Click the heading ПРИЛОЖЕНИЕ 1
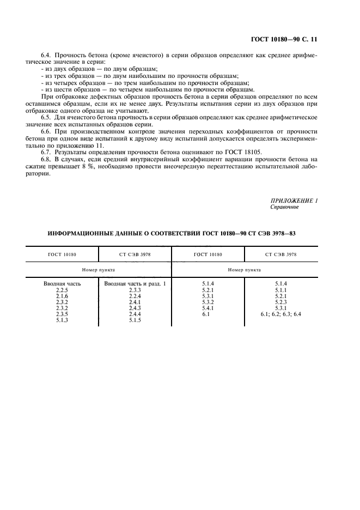tap(294, 201)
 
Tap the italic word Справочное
tap(284, 208)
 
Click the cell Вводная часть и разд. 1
tap(135, 284)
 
